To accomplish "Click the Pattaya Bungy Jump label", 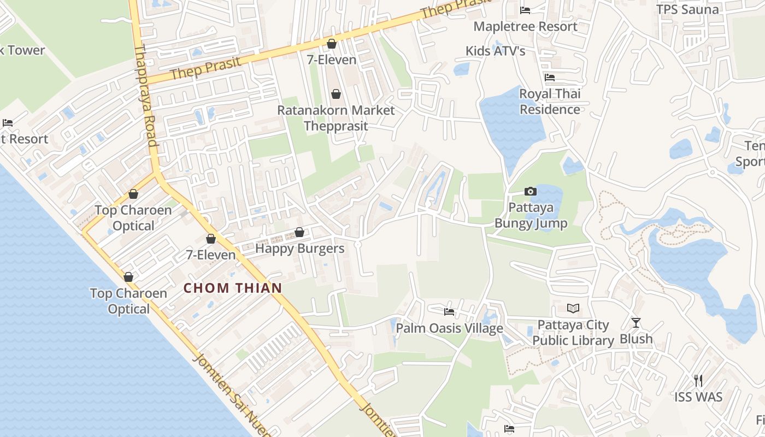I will click(531, 215).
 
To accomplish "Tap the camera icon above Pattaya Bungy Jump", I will click(530, 191).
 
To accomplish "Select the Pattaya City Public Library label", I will click(573, 333).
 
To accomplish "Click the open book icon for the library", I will click(573, 309).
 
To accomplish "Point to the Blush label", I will click(636, 339).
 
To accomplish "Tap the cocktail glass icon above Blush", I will click(635, 322).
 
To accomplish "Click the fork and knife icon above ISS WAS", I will click(698, 380).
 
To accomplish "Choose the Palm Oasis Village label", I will click(449, 328).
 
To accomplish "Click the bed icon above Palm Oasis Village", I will click(449, 312).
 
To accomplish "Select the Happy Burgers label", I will click(300, 249).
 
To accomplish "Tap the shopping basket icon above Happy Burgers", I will click(299, 232).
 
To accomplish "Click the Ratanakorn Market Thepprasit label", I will click(336, 118).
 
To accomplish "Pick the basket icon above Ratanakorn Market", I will click(336, 94).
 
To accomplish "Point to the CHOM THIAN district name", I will click(233, 288).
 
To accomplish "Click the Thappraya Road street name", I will click(146, 96).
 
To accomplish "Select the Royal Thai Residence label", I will click(550, 102).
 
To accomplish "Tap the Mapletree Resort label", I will click(525, 26).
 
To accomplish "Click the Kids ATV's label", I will click(495, 51).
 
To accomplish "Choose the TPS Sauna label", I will click(687, 9).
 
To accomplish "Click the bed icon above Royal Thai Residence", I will click(550, 78).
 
